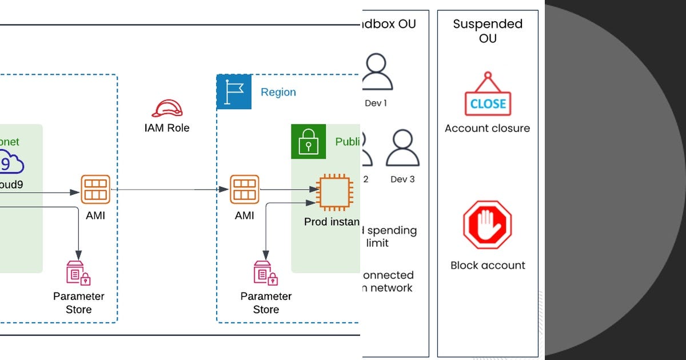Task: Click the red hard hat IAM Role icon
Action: (167, 108)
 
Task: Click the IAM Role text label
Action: (167, 128)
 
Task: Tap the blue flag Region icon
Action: (234, 92)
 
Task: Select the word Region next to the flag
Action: (278, 92)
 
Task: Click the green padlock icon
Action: (308, 141)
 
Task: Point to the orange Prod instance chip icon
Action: (335, 191)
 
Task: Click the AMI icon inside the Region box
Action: (245, 190)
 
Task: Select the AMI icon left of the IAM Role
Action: (95, 190)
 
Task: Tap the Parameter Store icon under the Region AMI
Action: (265, 273)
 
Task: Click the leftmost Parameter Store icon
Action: (78, 273)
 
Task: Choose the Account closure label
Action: (488, 128)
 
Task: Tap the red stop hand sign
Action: (487, 225)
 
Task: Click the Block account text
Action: (488, 265)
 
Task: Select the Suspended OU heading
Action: (488, 31)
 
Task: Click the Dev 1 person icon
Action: (376, 72)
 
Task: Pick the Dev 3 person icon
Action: (402, 148)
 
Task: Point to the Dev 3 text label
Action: (402, 179)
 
